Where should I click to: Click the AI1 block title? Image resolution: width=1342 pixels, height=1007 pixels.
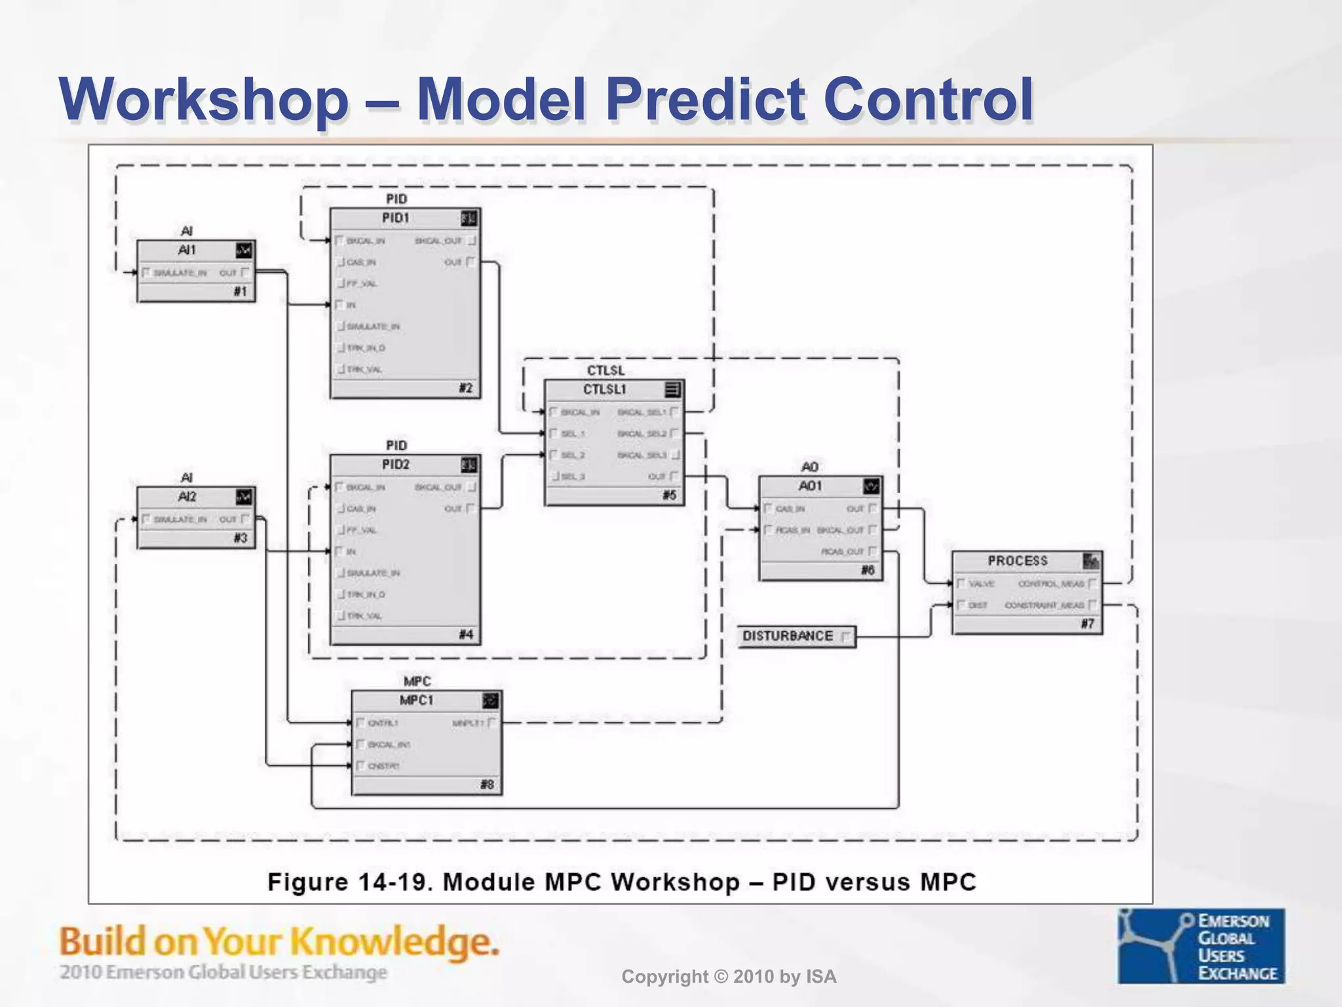click(x=187, y=250)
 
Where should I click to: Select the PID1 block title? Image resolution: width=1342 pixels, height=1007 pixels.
click(x=396, y=218)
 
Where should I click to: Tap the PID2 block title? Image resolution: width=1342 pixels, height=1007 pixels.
click(x=396, y=464)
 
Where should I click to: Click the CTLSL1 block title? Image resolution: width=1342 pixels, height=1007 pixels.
click(x=605, y=389)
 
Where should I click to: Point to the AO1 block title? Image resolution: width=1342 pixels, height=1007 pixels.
click(x=810, y=486)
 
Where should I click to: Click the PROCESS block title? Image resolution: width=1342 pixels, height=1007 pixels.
click(x=1018, y=561)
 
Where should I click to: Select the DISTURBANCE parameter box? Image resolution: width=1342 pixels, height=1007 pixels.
click(x=796, y=637)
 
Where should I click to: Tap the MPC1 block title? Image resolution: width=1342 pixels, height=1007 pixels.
click(x=417, y=700)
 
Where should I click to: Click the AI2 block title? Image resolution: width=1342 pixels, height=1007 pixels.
click(x=187, y=497)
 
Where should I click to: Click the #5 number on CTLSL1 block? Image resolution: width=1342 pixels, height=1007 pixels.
click(x=669, y=496)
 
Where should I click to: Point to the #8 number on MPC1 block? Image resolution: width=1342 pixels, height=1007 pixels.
click(x=487, y=785)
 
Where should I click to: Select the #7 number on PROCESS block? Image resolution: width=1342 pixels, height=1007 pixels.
click(x=1088, y=624)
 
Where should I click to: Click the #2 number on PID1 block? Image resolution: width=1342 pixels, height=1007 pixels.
click(x=465, y=388)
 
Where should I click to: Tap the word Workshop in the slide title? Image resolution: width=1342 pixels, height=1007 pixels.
click(x=204, y=100)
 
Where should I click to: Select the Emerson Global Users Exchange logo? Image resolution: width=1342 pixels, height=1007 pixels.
click(x=1200, y=945)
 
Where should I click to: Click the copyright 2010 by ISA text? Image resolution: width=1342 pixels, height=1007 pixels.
click(x=729, y=977)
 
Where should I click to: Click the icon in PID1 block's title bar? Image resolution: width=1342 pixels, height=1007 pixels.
click(x=469, y=218)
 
